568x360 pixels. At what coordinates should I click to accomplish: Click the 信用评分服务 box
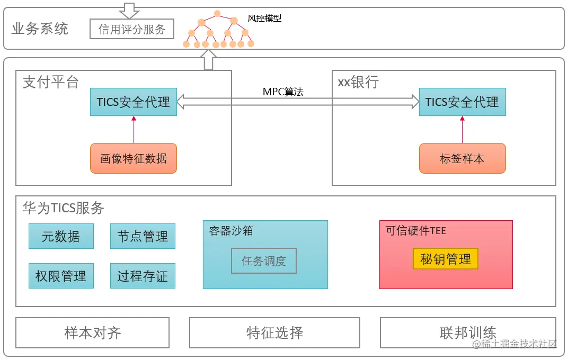coord(132,29)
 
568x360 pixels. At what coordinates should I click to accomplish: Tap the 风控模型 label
coord(264,19)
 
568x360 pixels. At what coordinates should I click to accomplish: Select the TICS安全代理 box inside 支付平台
coord(134,102)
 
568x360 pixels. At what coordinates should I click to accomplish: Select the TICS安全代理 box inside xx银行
coord(462,102)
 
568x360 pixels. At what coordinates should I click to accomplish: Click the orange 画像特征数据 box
coord(134,158)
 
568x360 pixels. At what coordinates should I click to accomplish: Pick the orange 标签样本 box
coord(462,158)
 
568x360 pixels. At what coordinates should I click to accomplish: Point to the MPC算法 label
coord(283,92)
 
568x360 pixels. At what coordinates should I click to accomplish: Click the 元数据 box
coord(61,236)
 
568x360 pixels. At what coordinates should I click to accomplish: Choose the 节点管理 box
coord(143,236)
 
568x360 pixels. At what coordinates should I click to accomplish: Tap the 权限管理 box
coord(61,276)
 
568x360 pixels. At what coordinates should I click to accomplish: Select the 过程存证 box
coord(143,276)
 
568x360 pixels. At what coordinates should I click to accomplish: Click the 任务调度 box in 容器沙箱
coord(264,260)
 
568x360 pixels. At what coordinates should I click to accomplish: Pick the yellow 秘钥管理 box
coord(446,259)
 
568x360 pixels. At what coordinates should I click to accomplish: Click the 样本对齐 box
coord(92,332)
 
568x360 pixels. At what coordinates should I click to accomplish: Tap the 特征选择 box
coord(274,332)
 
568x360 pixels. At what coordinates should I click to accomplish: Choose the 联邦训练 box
coord(468,332)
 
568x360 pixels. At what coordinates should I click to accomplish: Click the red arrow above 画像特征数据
coord(134,130)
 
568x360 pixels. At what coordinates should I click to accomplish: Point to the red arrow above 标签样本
coord(462,130)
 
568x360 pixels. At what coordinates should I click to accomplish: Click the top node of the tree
coord(217,13)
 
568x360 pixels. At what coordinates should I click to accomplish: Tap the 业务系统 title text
coord(40,29)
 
